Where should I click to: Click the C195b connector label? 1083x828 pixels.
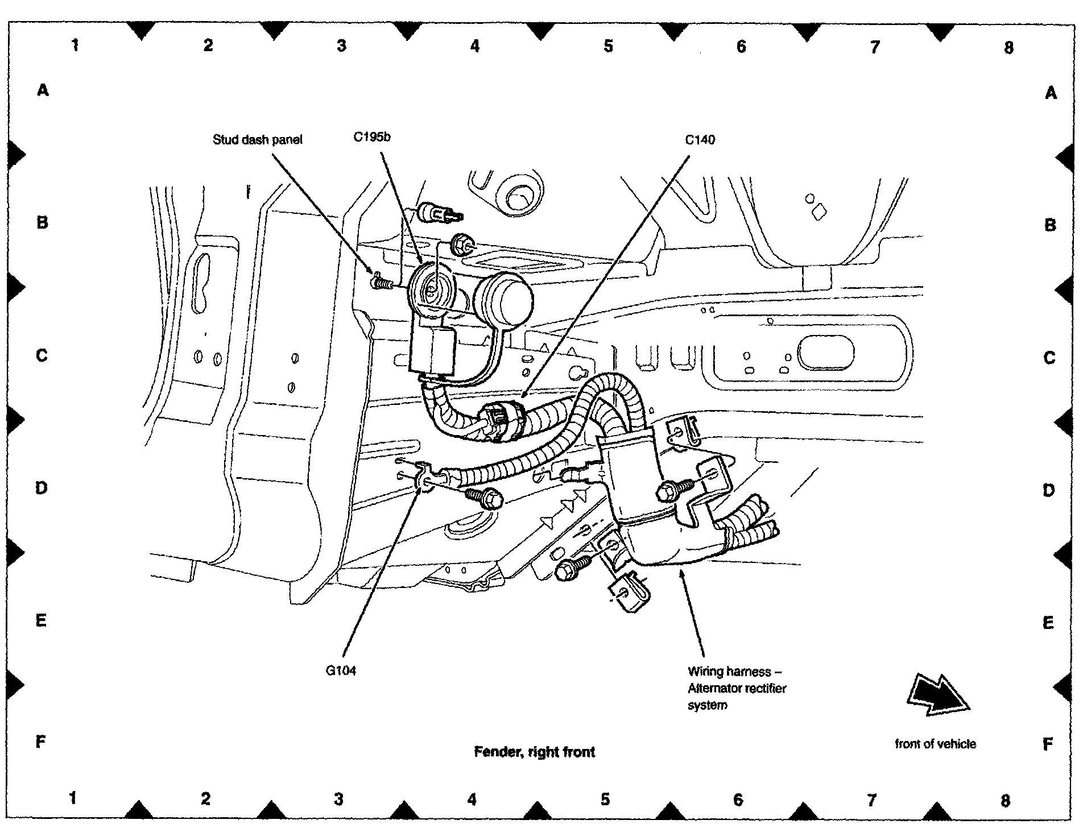coord(372,137)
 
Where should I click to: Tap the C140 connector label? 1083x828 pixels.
coord(700,140)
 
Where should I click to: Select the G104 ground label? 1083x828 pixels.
coord(341,670)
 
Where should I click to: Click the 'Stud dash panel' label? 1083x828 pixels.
coord(257,140)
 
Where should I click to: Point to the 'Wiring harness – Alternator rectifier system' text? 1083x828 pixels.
coord(737,688)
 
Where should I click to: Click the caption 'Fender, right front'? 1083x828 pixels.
coord(534,752)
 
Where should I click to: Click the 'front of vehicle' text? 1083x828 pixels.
coord(935,743)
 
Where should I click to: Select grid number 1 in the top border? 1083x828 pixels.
coord(75,45)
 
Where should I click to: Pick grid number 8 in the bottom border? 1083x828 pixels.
coord(1005,800)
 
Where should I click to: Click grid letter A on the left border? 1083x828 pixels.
coord(43,90)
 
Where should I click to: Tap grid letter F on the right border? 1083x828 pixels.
coord(1048,744)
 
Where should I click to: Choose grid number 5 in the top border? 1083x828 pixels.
coord(608,46)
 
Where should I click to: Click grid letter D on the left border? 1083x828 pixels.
coord(42,488)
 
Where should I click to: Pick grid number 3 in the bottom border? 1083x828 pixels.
coord(338,799)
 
